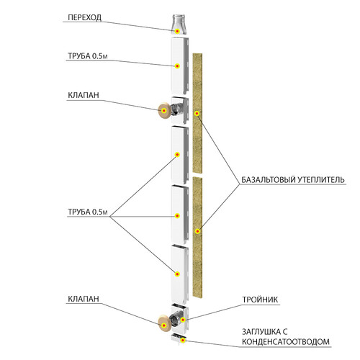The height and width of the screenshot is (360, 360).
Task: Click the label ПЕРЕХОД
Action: coord(84,17)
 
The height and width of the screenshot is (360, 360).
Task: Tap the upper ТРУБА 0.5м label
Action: coord(88,56)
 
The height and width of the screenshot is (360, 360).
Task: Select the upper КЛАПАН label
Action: coord(84,95)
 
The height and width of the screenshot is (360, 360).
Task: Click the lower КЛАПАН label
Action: coord(84,299)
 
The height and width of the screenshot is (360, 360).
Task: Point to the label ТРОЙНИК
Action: coord(260,300)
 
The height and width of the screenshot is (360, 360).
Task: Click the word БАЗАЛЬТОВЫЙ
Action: coord(269,179)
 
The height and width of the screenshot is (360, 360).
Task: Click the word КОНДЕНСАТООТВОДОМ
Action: coord(286,341)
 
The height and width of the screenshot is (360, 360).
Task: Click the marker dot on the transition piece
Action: coord(177,31)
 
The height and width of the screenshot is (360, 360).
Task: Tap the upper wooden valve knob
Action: coord(164,110)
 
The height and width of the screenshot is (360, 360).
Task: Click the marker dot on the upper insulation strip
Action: coord(197,113)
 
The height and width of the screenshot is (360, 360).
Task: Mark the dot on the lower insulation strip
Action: coord(197,231)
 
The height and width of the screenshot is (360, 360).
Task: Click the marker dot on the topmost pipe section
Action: coord(177,66)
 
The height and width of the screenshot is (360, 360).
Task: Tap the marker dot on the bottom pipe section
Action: coord(177,274)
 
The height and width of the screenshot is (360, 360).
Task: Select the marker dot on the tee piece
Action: coord(183,320)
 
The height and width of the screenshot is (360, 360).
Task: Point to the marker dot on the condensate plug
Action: coord(183,340)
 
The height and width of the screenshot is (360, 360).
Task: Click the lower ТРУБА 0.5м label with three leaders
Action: coord(88,212)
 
